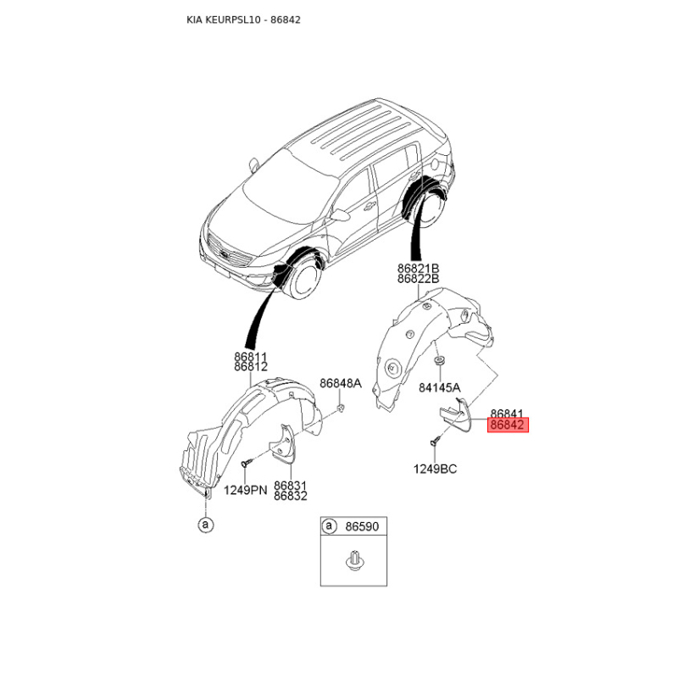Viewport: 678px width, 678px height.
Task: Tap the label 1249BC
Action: coord(435,469)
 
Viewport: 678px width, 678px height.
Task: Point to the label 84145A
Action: coord(440,387)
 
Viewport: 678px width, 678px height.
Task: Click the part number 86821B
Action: coord(418,268)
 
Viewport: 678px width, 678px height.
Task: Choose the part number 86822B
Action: coord(418,279)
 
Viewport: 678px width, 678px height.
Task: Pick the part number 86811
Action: coord(251,358)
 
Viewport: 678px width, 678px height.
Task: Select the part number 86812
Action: coord(251,368)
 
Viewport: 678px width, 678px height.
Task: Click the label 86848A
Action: coord(341,383)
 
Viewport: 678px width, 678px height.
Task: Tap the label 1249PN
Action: coord(245,490)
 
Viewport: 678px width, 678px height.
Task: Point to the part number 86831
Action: coord(290,486)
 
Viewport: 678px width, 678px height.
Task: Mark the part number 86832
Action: coord(290,497)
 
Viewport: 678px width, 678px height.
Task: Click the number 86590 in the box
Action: coord(361,526)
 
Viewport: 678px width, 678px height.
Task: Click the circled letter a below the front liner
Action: coord(204,525)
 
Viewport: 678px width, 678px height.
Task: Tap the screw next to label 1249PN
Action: coord(244,464)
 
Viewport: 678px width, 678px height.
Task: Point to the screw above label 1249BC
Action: coord(435,441)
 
